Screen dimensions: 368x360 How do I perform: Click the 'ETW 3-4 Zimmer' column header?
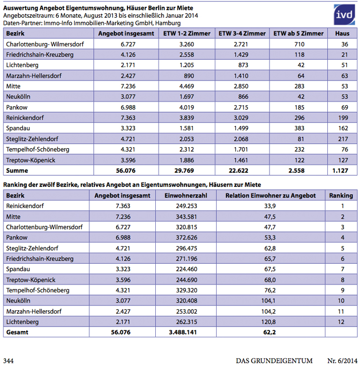coord(242,33)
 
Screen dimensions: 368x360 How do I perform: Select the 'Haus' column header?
coord(342,33)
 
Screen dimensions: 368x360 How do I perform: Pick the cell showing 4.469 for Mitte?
coord(187,85)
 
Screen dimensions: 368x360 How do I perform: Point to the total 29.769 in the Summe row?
coord(187,170)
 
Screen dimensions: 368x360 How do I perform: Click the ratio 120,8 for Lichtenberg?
coord(270,322)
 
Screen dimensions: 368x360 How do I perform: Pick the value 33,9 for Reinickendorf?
coord(270,206)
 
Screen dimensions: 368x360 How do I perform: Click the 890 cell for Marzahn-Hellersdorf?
coord(187,75)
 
